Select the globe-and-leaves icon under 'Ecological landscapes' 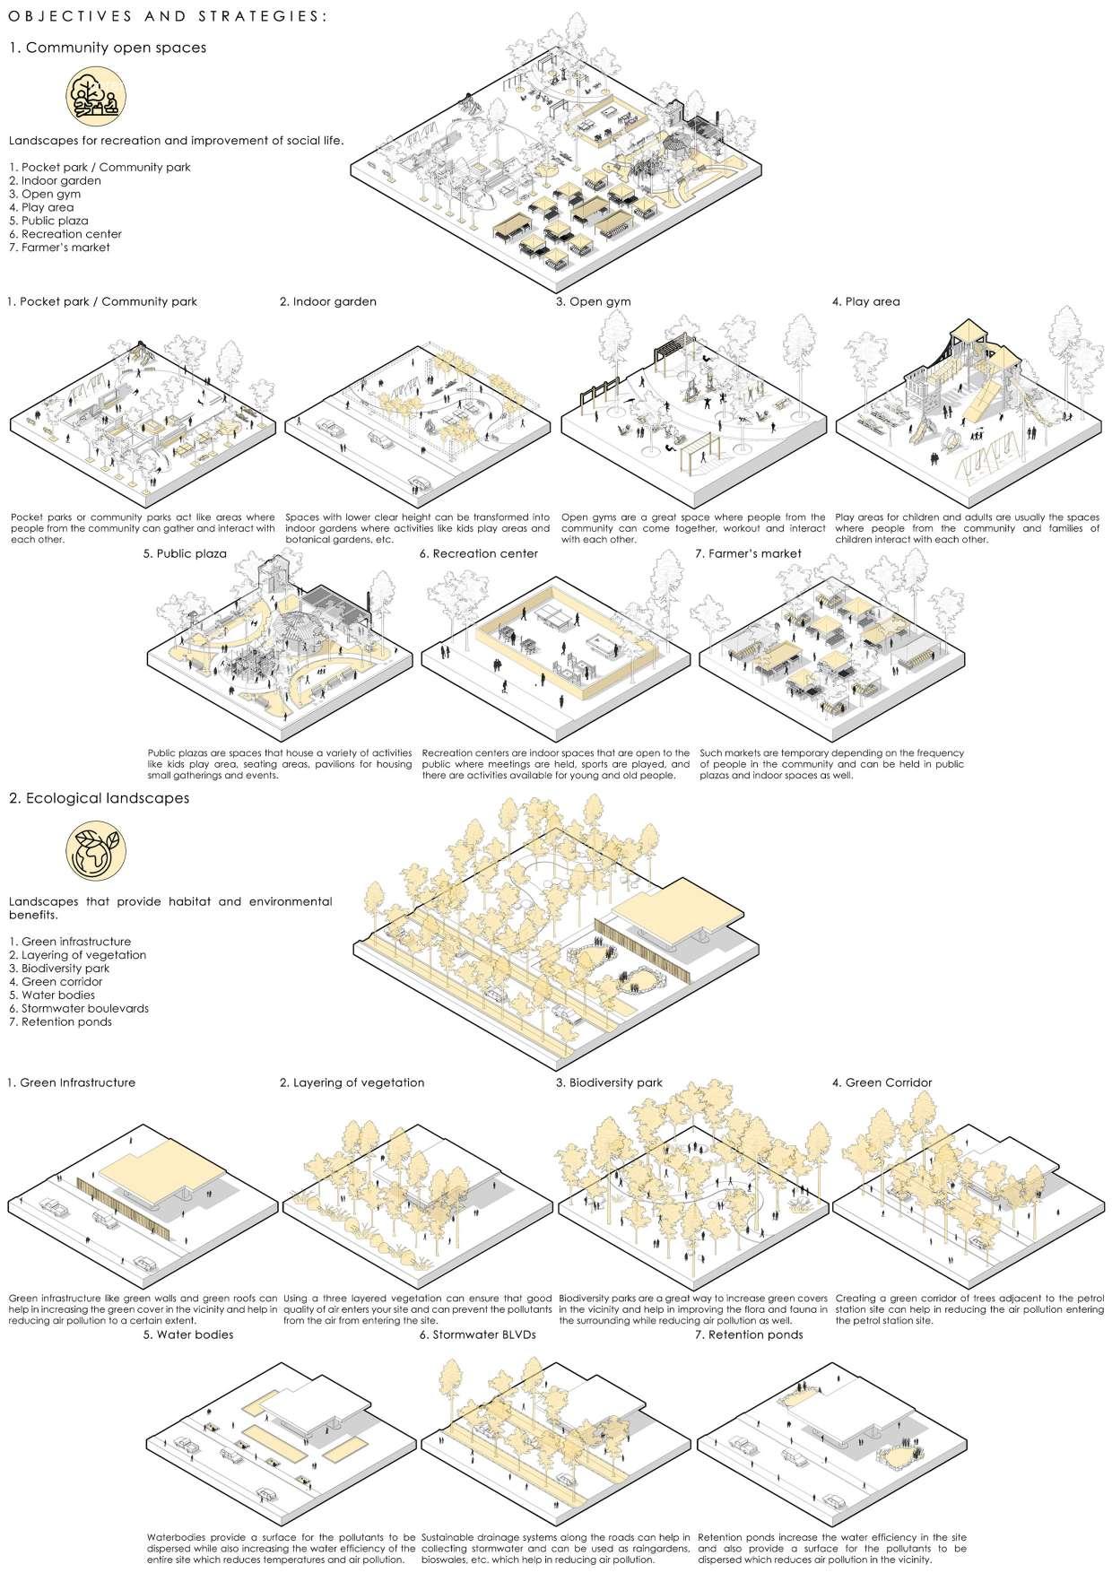pos(96,849)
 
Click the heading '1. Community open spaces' pos(108,48)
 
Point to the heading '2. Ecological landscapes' pos(99,798)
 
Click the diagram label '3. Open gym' pos(593,302)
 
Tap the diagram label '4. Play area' pos(865,302)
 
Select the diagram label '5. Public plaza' pos(184,554)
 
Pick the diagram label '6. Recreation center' pos(478,554)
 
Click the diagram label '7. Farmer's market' pos(748,554)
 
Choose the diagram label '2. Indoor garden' pos(328,302)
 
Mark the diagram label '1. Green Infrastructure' pos(71,1082)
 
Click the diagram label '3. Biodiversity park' pos(609,1082)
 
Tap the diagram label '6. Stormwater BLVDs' pos(477,1334)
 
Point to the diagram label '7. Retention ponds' pos(749,1334)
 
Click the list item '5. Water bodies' pos(52,995)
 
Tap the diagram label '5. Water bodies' pos(187,1334)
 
